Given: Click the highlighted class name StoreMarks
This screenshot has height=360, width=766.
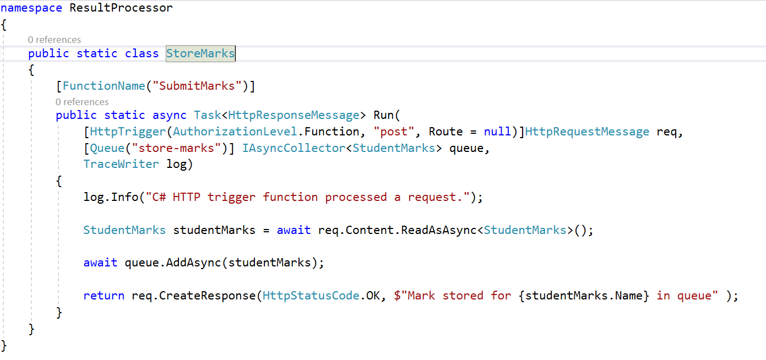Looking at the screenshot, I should pos(200,53).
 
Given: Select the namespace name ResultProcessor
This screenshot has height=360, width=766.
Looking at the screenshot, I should pos(121,8).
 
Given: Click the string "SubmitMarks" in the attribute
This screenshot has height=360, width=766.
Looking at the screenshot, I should pos(197,86).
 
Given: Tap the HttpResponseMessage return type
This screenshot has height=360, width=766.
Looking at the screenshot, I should pos(294,115).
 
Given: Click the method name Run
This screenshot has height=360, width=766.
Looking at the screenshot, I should pos(384,115).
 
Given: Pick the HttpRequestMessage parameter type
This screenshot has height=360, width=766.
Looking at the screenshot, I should pos(587,132).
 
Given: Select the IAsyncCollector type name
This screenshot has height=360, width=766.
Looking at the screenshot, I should pos(294,148).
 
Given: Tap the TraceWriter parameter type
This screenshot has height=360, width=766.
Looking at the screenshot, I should pos(121,164).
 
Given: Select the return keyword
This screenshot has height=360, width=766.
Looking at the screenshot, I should pos(104,296).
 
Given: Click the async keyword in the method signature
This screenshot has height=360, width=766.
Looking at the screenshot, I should pos(170,115).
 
